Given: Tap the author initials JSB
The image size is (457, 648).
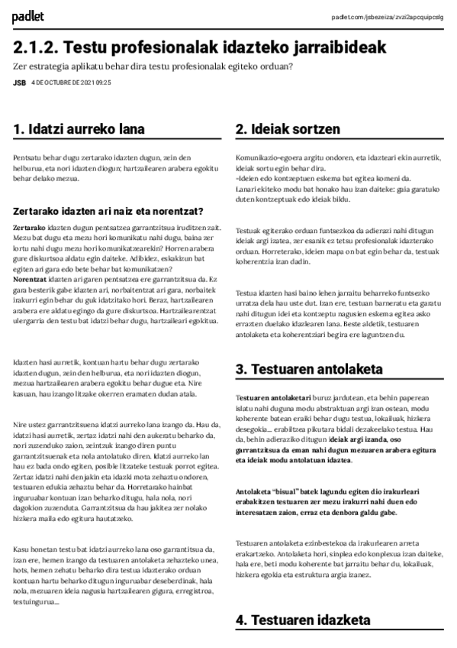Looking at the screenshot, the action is pos(19,83).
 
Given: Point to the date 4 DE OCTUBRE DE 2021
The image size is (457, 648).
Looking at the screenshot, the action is pos(62,83).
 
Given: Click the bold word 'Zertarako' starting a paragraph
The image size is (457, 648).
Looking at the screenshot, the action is pos(30,228).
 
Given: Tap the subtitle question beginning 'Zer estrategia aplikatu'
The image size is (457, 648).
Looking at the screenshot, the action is pos(153,66).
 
